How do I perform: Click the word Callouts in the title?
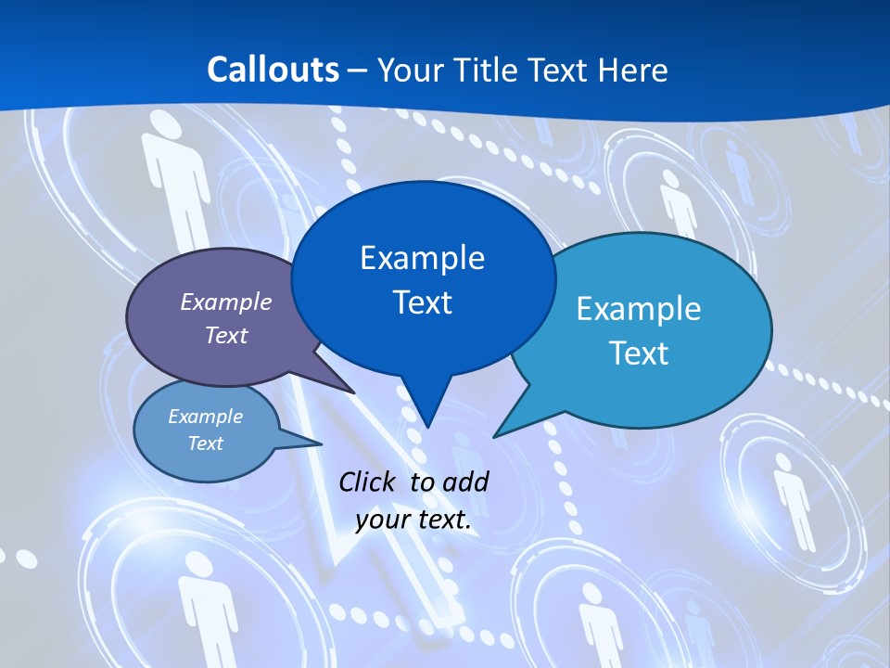click(x=273, y=70)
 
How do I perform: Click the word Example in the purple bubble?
click(x=226, y=302)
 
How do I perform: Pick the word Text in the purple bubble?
click(x=226, y=335)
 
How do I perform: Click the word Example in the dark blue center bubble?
click(x=422, y=257)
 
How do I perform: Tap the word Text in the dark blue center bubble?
click(x=422, y=302)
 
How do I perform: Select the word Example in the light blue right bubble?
click(x=639, y=308)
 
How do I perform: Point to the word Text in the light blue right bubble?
click(x=639, y=353)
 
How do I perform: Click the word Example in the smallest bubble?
click(x=205, y=417)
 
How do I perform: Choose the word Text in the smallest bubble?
click(x=205, y=443)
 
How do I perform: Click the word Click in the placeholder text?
click(x=370, y=482)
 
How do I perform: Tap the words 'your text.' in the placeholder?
click(x=413, y=520)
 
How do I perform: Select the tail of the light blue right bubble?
click(x=501, y=430)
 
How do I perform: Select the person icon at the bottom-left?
click(x=205, y=603)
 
